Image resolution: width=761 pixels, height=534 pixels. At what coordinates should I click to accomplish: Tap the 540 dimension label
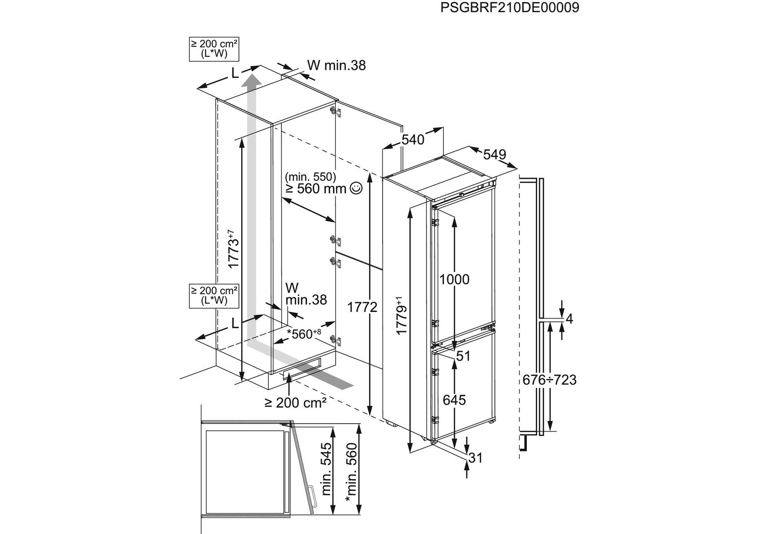(x=413, y=140)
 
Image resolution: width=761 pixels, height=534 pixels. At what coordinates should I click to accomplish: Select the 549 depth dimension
(x=494, y=154)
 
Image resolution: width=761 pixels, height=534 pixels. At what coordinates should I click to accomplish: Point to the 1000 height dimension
(x=454, y=279)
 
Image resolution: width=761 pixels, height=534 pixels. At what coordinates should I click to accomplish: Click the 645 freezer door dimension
(x=454, y=400)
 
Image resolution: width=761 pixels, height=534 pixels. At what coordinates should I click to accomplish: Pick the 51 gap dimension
(x=463, y=356)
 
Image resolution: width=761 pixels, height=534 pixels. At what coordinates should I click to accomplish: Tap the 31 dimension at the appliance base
(x=475, y=457)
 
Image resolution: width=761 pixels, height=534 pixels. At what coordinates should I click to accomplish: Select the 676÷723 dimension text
(x=550, y=380)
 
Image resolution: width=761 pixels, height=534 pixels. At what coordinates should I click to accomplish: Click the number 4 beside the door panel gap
(x=569, y=319)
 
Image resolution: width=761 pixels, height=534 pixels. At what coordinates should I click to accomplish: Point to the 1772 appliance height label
(x=362, y=307)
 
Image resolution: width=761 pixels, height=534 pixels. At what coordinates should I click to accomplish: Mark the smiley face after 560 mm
(x=356, y=189)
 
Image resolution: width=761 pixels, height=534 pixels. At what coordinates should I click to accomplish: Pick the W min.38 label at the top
(x=336, y=65)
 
